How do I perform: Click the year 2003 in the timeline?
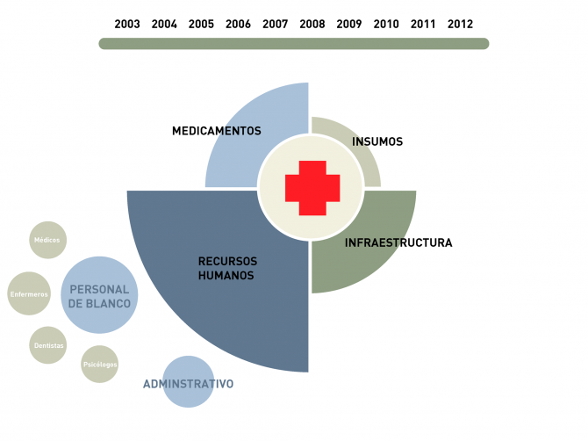127,24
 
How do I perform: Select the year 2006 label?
238,24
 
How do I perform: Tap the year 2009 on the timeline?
349,24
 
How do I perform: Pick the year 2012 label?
460,24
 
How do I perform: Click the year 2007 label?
276,24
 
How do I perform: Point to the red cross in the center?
312,188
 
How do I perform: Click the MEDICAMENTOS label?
217,131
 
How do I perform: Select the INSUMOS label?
377,141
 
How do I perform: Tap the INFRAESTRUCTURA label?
398,242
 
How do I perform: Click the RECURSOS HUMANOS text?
227,268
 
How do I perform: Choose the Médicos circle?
48,240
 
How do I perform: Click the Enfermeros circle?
29,293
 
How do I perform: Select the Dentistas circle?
48,345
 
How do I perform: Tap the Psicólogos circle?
99,364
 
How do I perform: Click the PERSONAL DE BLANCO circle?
99,295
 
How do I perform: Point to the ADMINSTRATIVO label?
189,384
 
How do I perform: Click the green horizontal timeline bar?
294,44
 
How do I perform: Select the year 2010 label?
386,24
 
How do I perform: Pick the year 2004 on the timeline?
164,24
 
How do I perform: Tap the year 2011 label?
423,24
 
